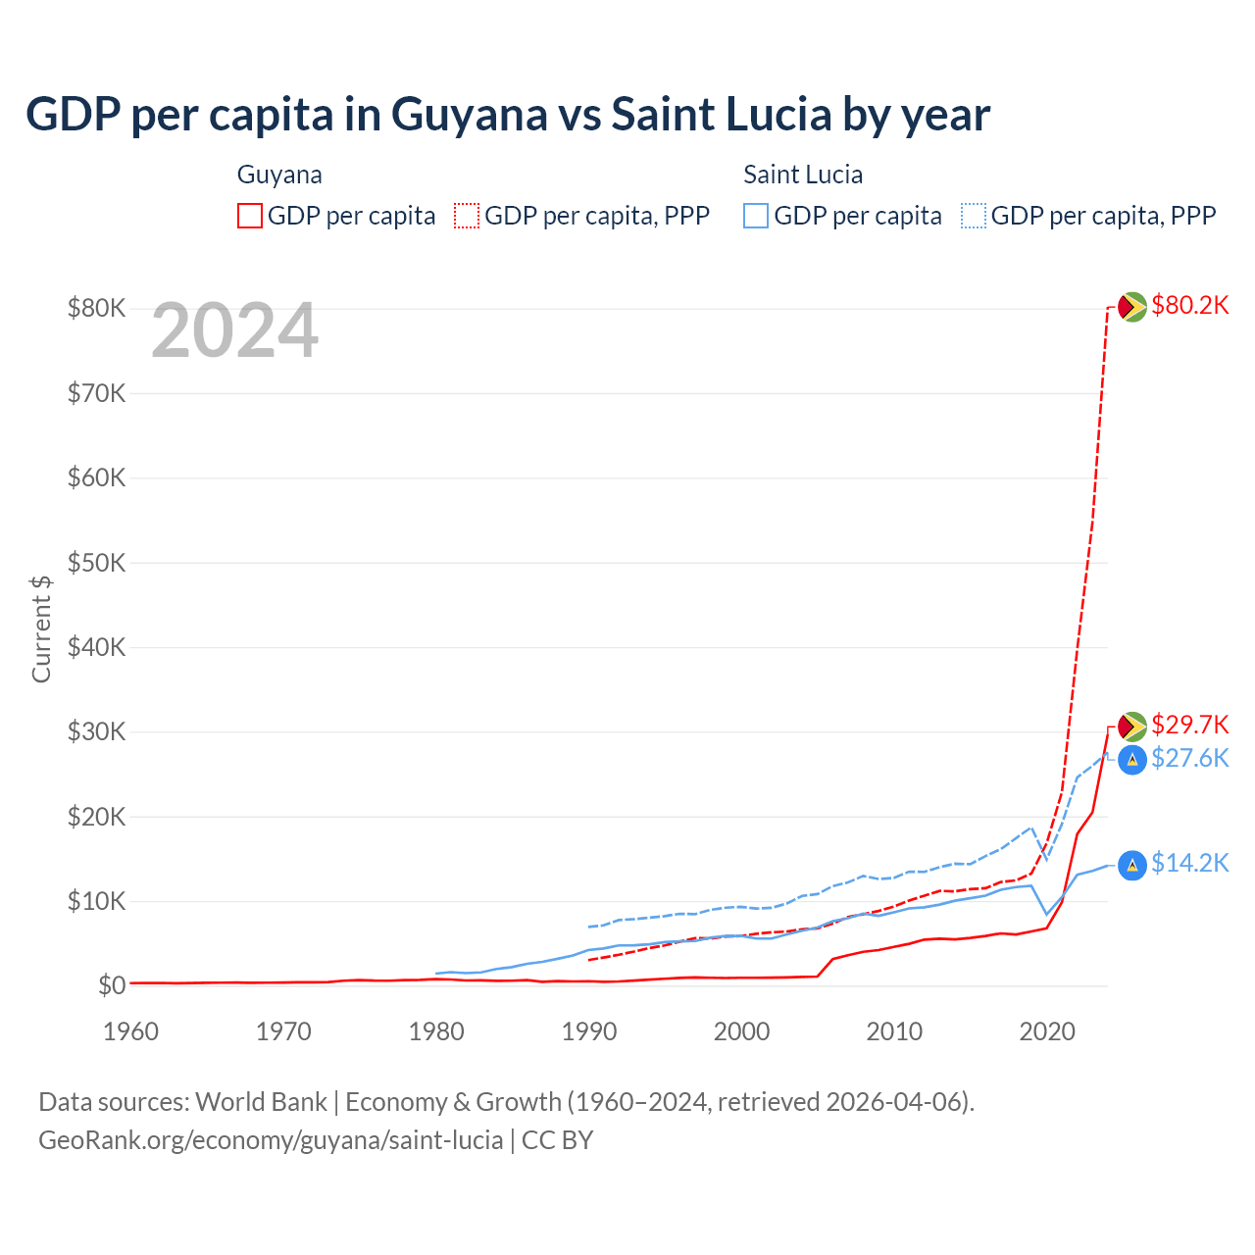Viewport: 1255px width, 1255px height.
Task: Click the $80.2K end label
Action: pos(1189,306)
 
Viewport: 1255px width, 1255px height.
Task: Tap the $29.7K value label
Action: pos(1189,725)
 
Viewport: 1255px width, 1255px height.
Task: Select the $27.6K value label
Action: pos(1189,758)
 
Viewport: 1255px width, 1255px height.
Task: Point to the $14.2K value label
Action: pos(1189,863)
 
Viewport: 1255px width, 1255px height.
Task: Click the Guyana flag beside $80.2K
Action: pos(1132,307)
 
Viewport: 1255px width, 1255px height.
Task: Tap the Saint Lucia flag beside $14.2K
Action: pos(1132,865)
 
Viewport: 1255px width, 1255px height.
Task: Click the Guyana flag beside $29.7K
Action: pos(1132,727)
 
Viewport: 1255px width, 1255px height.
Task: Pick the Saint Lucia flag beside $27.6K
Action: pos(1132,760)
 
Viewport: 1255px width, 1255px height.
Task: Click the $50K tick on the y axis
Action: pos(96,563)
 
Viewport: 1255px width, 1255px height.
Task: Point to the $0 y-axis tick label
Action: pos(112,985)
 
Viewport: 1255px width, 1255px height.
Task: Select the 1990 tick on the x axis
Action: pos(589,1031)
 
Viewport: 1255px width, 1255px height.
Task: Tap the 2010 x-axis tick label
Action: pos(894,1031)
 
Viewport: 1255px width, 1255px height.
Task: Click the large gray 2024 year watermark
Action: pos(235,331)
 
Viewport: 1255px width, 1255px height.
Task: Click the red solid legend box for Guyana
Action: pos(250,216)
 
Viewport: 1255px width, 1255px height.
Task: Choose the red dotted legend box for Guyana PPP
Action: pos(467,216)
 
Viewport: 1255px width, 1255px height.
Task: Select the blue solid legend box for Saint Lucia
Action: pos(756,216)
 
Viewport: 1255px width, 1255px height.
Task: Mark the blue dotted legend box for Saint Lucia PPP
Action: pos(974,216)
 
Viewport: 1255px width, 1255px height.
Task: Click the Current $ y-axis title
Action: pos(41,628)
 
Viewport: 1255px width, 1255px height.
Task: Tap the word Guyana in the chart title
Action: pos(469,115)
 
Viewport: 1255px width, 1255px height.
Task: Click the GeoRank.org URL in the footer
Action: pos(271,1140)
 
